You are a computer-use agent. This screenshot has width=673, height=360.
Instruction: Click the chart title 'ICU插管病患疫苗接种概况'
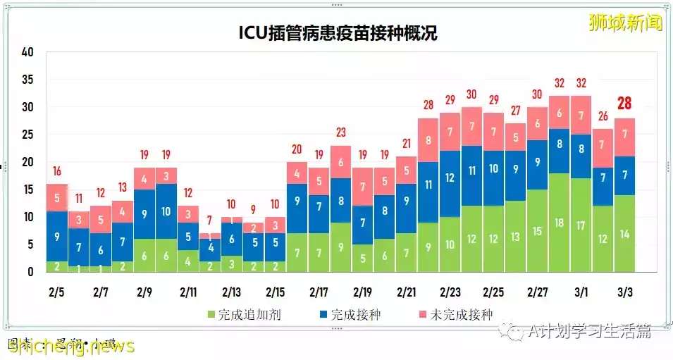click(x=336, y=32)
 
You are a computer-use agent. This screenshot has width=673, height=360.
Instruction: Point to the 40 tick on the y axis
click(x=27, y=52)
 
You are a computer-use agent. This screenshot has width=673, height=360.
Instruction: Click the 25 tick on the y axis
click(x=27, y=135)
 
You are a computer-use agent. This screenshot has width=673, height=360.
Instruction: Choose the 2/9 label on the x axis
click(x=144, y=292)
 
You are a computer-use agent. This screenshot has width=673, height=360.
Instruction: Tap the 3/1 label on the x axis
click(x=582, y=292)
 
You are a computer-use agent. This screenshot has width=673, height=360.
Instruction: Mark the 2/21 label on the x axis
click(x=407, y=292)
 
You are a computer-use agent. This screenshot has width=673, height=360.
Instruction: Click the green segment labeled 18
click(x=560, y=223)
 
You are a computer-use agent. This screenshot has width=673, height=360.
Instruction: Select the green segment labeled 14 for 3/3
click(x=624, y=235)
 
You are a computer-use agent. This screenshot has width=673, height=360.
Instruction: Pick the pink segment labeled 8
click(x=428, y=140)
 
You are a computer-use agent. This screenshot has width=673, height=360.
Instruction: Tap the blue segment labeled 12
click(x=450, y=178)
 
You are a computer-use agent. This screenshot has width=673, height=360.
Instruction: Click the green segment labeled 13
click(x=516, y=237)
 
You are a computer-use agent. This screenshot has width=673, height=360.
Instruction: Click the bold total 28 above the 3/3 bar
click(x=624, y=104)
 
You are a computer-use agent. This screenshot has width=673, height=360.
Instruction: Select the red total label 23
click(x=341, y=132)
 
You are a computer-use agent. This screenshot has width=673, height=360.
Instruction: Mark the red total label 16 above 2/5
click(x=57, y=170)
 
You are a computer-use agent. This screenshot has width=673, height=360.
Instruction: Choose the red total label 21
click(x=407, y=143)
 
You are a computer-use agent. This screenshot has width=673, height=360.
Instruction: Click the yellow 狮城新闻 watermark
click(x=626, y=23)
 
